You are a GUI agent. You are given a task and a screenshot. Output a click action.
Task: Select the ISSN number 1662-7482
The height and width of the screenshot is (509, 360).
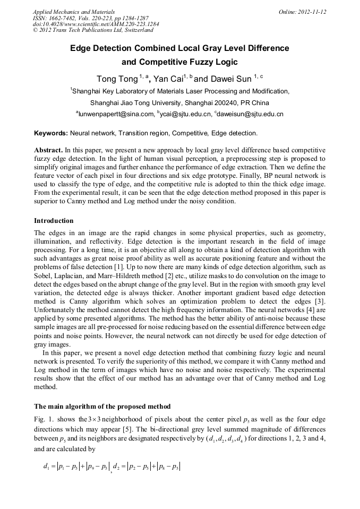[62, 18]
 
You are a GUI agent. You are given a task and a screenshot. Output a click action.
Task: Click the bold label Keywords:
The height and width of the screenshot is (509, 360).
[51, 133]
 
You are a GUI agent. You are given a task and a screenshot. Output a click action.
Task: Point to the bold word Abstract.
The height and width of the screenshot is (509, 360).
[48, 151]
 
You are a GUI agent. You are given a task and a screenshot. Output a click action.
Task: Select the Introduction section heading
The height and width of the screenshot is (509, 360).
[54, 220]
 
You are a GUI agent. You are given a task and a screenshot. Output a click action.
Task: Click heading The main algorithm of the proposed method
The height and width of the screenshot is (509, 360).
[102, 407]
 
